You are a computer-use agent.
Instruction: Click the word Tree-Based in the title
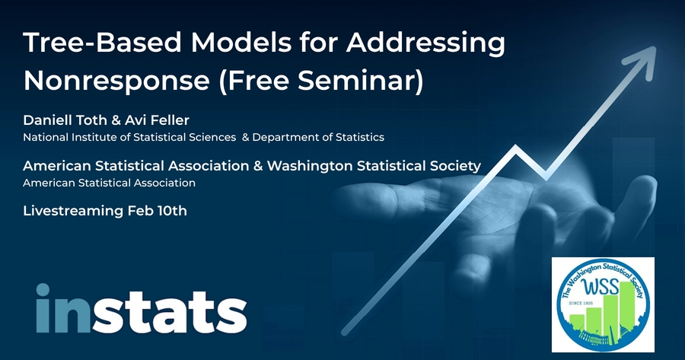(x=102, y=43)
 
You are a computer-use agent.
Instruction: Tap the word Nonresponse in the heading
(x=116, y=81)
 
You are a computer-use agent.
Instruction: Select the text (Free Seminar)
(x=321, y=81)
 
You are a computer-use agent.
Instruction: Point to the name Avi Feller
(x=161, y=120)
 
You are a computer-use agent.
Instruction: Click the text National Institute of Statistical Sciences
(x=129, y=137)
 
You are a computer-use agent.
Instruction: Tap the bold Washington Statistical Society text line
(x=374, y=166)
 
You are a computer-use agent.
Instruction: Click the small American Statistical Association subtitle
(x=109, y=183)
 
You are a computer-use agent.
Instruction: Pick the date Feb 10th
(x=158, y=211)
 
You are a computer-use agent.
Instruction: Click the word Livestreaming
(x=73, y=211)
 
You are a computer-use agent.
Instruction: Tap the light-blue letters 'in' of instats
(x=63, y=308)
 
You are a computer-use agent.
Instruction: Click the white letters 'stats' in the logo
(x=170, y=312)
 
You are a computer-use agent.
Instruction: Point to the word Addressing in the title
(x=425, y=43)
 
